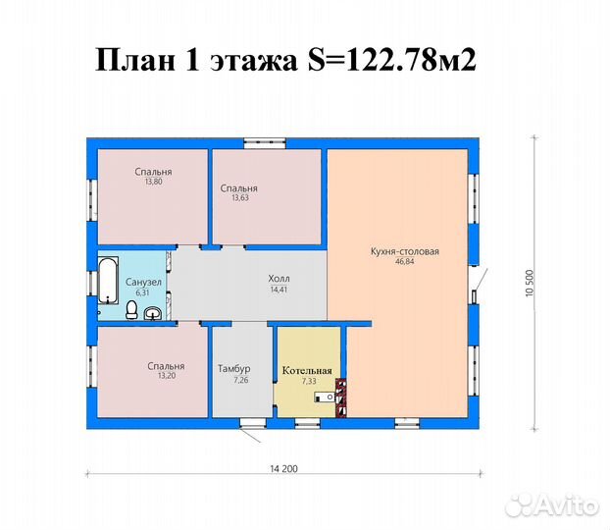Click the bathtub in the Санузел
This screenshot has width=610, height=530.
108,280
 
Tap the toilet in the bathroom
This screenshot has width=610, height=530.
131,309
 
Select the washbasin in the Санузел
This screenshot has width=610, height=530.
153,313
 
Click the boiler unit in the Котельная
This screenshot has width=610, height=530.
324,397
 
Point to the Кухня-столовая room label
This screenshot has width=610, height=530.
405,251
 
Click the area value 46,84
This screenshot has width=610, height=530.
405,261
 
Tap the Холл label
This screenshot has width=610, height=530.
279,279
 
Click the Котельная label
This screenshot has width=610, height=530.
307,370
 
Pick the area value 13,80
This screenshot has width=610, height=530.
153,182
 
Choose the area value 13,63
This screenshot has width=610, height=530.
240,197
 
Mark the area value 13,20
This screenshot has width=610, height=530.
167,375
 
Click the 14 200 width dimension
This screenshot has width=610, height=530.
283,468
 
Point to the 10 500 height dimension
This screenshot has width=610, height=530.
530,283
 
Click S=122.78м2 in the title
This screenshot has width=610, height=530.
391,61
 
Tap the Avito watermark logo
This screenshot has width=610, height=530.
552,505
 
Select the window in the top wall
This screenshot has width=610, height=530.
265,143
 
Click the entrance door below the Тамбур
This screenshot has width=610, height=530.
252,424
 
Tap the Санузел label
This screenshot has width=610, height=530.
143,282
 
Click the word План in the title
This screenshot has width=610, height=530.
135,61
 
